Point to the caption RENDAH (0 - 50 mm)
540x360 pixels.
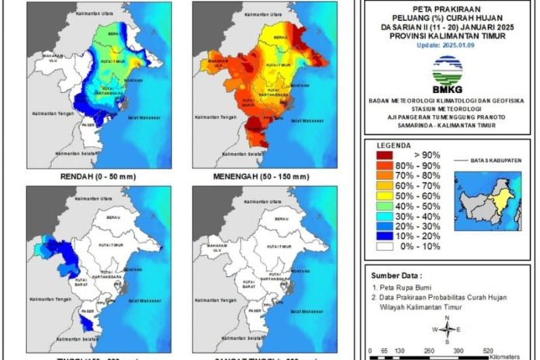click(98, 177)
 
